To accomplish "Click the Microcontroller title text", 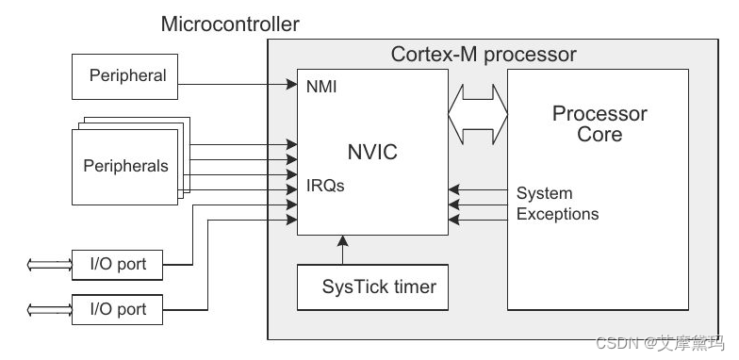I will point(230,24).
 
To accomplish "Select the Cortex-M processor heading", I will point(484,54).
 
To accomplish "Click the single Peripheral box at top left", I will point(126,75).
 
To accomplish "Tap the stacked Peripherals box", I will point(125,166).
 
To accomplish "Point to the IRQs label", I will point(325,186).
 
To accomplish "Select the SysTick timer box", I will point(371,286).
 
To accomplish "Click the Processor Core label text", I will point(599,124).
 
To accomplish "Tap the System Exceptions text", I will point(557,205).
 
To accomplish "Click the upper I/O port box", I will point(118,264).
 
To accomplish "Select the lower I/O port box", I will point(118,308).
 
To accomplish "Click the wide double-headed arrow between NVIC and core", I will point(478,116).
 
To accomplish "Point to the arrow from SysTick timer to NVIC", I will point(342,250).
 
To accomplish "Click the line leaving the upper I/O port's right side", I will point(179,265).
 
